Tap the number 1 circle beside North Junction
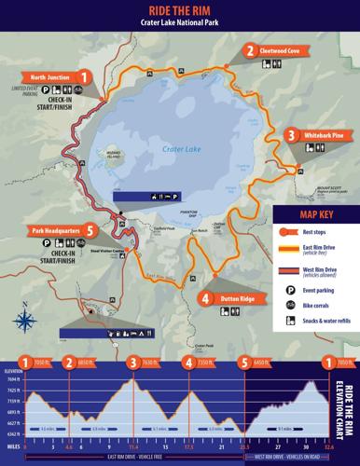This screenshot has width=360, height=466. pyautogui.click(x=85, y=76)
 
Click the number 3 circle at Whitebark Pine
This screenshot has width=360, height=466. pyautogui.click(x=291, y=136)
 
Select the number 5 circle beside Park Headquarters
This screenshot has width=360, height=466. pyautogui.click(x=90, y=228)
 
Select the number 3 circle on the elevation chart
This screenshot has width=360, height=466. pyautogui.click(x=134, y=363)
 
